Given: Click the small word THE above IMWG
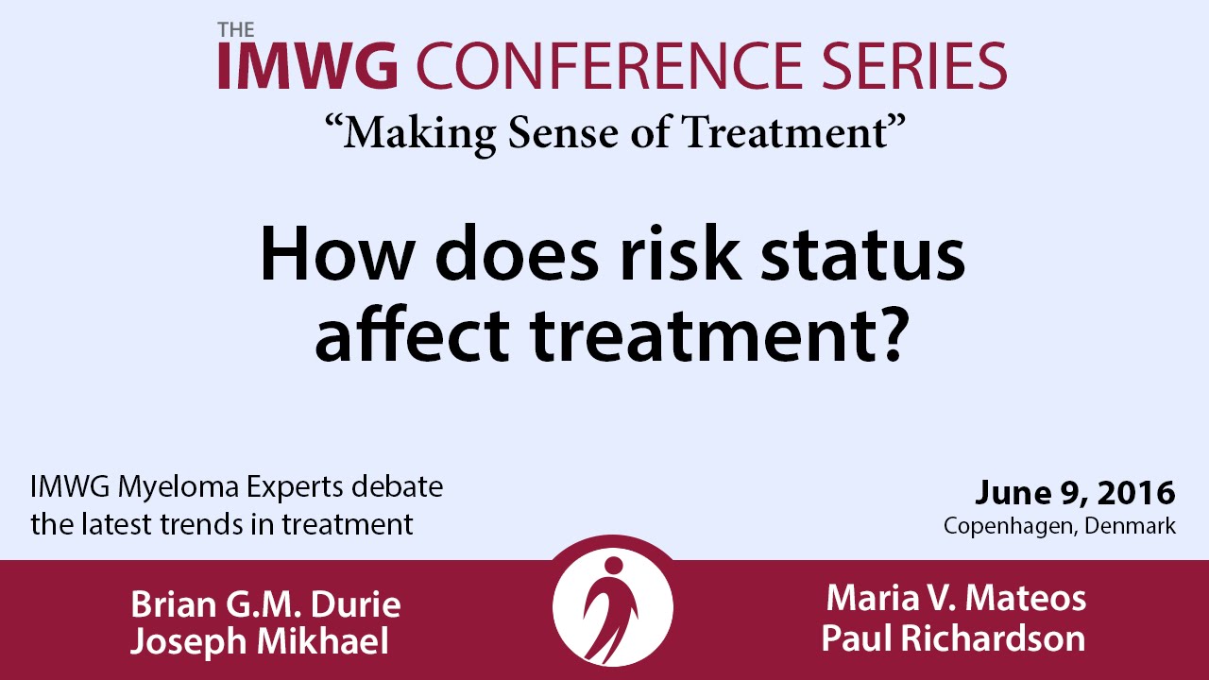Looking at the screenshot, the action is (236, 30).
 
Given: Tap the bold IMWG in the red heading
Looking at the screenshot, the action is (308, 66).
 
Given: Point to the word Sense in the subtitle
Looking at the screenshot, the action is (563, 133).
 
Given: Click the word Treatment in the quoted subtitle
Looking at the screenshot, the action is (785, 133).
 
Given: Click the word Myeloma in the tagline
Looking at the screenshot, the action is (179, 488).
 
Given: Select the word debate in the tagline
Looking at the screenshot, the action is (398, 486).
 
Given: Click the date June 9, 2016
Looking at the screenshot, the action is (1075, 493).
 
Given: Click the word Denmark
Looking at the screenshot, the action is (1131, 526).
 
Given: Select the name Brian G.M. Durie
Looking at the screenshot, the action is (265, 603).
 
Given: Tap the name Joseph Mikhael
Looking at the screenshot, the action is (260, 641).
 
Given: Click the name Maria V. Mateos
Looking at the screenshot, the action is (956, 599).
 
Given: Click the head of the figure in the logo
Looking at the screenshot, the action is (614, 565).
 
